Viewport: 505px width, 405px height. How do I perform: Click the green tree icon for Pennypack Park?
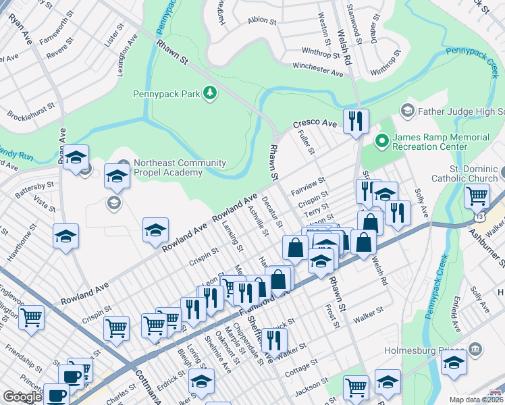point(210,93)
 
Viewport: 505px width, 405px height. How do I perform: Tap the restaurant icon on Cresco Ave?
point(356,122)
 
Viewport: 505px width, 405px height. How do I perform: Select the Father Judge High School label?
point(461,110)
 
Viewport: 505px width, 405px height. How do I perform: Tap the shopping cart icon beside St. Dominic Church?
point(477,196)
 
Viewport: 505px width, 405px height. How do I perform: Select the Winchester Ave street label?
point(317,68)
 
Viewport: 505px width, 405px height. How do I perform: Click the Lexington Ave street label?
point(122,61)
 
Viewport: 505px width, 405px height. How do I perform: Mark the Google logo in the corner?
point(23,397)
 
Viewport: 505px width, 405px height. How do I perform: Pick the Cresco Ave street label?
point(314,125)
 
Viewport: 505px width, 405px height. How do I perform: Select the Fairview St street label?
point(308,182)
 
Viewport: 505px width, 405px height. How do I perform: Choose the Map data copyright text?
point(477,400)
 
